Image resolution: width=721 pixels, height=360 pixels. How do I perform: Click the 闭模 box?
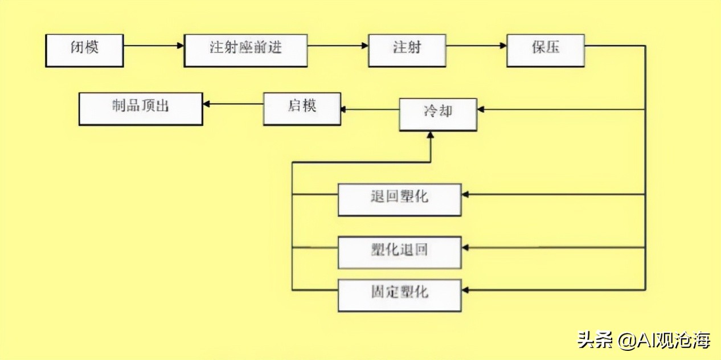coord(84,51)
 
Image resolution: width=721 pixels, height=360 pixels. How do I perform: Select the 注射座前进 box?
coord(245,51)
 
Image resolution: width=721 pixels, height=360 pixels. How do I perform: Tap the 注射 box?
coord(407,51)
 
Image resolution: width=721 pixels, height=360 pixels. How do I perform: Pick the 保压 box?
coord(546,51)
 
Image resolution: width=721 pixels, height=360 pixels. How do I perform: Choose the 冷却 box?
coord(438,114)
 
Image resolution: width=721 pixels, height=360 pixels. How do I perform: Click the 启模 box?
coord(302,109)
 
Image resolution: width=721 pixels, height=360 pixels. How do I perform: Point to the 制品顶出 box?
coord(141,109)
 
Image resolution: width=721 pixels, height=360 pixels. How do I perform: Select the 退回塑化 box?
coord(399,200)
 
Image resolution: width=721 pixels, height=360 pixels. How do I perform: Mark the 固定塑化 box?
coord(399,295)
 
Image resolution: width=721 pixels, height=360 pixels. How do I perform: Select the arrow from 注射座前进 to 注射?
coord(338,46)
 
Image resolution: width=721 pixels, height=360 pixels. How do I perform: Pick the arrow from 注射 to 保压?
coord(476,46)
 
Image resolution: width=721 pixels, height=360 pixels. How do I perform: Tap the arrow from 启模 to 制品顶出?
coord(233,104)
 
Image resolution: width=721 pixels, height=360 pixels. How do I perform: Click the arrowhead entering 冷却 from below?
coord(431,135)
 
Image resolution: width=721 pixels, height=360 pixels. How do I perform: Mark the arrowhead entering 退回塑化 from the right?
coord(465,195)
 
